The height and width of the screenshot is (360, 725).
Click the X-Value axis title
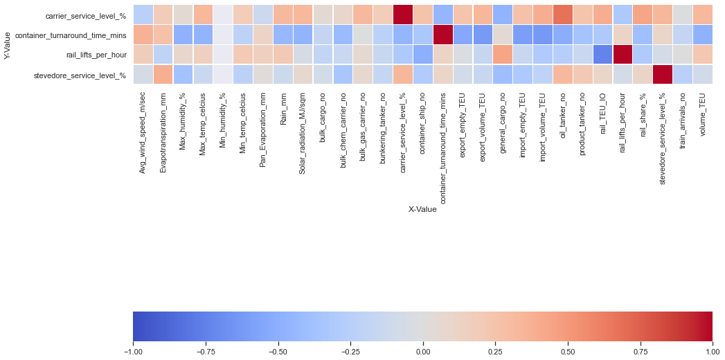coord(422,209)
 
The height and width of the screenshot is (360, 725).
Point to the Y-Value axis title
coord(8,44)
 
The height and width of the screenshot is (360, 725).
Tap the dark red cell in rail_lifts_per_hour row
coord(623,54)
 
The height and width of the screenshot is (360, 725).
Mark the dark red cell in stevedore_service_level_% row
coord(663,74)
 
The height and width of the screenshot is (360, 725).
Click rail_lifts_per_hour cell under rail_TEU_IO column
coord(603,54)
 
